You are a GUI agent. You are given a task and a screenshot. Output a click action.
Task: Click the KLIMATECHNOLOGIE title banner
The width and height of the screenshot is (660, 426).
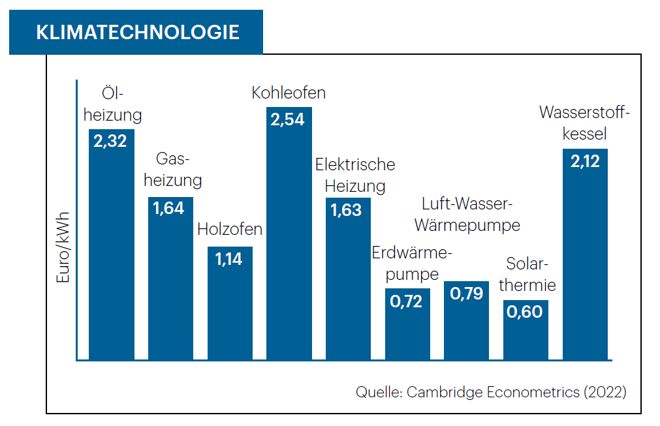136,32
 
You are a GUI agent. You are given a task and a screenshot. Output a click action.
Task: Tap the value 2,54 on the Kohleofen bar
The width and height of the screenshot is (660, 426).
289,121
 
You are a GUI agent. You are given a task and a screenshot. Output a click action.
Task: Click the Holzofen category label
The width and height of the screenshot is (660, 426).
230,230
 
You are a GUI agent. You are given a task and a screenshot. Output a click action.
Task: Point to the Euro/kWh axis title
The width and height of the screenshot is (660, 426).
63,251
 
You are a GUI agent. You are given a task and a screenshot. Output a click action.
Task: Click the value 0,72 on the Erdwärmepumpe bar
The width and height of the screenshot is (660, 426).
407,301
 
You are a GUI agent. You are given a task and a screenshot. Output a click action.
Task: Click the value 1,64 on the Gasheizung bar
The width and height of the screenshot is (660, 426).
170,209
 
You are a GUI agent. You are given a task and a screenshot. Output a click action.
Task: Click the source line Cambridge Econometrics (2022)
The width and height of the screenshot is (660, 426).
491,392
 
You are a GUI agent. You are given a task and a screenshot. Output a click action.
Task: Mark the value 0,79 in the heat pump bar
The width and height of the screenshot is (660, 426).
466,294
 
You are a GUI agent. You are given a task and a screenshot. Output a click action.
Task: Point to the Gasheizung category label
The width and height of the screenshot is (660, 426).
172,170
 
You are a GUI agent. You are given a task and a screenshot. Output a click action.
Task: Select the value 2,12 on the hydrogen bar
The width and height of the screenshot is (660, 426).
585,161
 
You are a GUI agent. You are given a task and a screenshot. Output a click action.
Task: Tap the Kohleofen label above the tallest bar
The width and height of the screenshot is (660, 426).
289,93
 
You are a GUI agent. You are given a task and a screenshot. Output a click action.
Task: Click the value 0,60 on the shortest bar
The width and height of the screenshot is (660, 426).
526,312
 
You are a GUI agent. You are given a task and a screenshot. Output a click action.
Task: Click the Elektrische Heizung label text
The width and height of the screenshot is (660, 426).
355,175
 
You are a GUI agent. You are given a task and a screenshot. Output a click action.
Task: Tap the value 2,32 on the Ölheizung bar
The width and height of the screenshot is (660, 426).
111,142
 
